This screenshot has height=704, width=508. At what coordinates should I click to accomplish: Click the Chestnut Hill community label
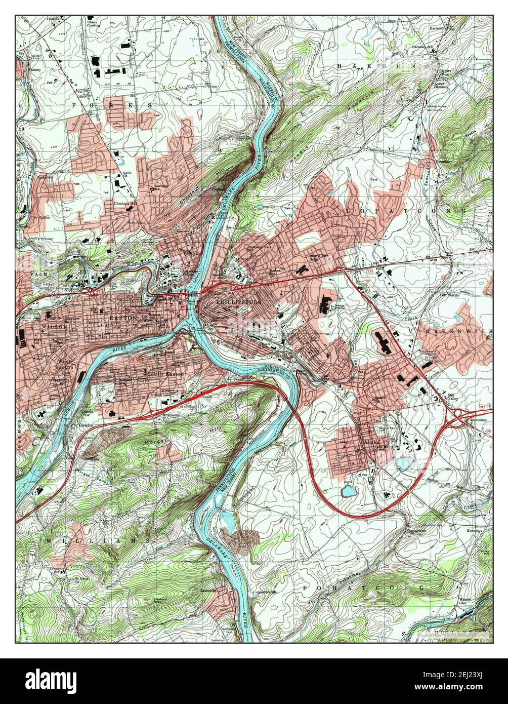pos(125,204)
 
